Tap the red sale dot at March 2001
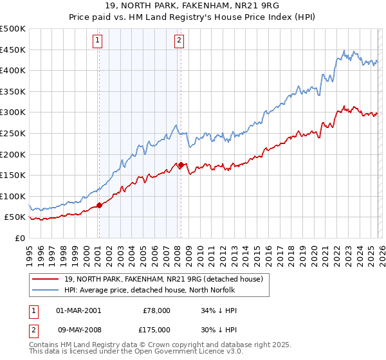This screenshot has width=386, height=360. [x=99, y=206]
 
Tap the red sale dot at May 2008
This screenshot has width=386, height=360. [x=181, y=165]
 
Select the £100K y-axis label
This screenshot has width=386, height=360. [x=14, y=196]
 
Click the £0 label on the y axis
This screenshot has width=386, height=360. [x=19, y=238]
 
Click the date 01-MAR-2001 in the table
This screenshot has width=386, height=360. [x=78, y=310]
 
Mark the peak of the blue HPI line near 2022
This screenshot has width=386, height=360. [x=344, y=50]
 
